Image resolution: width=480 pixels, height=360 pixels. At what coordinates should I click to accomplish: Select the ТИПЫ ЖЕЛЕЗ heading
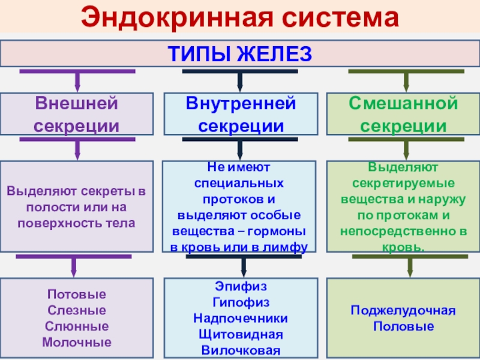(x=239, y=54)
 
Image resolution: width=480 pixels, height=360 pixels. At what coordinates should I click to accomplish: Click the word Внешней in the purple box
(x=76, y=103)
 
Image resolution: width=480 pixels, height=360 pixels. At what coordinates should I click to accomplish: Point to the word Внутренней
(x=241, y=103)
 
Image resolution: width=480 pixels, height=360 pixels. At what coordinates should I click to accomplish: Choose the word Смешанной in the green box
(x=404, y=103)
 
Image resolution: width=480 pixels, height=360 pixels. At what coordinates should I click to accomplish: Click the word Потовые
(x=76, y=295)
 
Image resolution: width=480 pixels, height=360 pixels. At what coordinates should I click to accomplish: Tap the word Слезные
(x=76, y=311)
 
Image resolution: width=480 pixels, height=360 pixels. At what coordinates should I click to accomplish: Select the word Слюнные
(x=76, y=327)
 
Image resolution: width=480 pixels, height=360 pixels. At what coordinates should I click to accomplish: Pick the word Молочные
(x=76, y=343)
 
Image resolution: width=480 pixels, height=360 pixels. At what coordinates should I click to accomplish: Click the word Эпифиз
(x=240, y=287)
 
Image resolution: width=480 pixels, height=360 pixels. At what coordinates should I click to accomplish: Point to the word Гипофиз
(x=240, y=302)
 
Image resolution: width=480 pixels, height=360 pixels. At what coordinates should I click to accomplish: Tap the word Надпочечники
(x=240, y=318)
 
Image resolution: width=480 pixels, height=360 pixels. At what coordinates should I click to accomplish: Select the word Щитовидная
(x=240, y=334)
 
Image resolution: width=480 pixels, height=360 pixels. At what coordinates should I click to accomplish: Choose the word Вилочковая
(x=240, y=350)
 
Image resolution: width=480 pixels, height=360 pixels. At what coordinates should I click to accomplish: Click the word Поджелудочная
(x=403, y=311)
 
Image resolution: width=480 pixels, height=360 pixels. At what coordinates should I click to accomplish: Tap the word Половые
(x=403, y=327)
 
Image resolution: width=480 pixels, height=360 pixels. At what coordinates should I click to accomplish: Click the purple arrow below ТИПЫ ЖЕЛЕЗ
(x=76, y=79)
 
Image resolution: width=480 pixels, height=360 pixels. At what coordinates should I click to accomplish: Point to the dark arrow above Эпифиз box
(x=243, y=265)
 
